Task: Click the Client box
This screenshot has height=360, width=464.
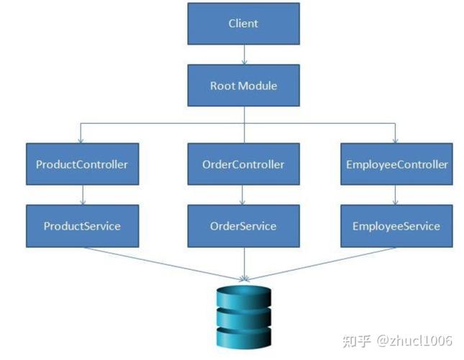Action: [243, 23]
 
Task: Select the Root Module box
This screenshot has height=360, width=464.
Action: [243, 86]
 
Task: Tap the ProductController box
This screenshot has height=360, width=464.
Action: [82, 164]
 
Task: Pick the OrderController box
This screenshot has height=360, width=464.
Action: [243, 164]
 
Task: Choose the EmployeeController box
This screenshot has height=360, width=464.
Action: [396, 164]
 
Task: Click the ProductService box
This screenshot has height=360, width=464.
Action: [82, 226]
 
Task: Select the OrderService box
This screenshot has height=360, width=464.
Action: [243, 226]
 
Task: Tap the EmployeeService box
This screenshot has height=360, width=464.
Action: [396, 226]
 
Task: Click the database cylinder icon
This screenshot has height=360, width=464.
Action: [244, 317]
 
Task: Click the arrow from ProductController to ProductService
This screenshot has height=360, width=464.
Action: [83, 195]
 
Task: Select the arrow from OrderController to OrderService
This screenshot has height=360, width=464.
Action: [243, 195]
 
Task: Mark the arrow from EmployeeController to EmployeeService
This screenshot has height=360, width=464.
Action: [396, 195]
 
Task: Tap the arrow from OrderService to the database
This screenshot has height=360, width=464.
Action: [244, 264]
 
